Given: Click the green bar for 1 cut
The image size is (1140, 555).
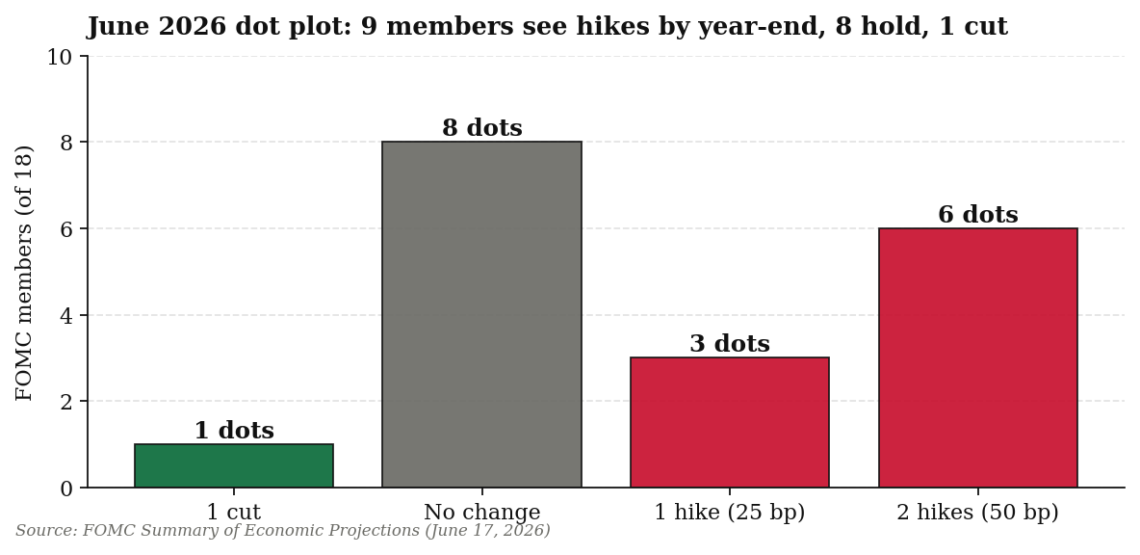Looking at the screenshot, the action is [233, 465].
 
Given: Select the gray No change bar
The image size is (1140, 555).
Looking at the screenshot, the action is [481, 314].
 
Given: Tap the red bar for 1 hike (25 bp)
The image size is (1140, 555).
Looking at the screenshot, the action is [729, 422].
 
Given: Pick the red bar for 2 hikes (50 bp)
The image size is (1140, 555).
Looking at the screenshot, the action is [978, 357].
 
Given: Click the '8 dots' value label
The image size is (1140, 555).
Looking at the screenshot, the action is [482, 128].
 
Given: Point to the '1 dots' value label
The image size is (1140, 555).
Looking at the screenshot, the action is [234, 431].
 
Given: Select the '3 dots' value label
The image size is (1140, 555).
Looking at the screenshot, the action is [730, 344].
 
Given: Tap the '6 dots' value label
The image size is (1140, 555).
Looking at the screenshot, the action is [978, 215].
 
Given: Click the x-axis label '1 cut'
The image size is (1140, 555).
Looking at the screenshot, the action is [233, 512].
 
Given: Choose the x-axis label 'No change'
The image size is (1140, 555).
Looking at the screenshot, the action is [482, 512].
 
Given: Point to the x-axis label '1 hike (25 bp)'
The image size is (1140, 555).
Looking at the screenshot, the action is [730, 512].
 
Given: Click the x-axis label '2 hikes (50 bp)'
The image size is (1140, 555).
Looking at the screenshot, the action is [978, 512].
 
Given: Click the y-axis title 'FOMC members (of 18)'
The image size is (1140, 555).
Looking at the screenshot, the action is [25, 273].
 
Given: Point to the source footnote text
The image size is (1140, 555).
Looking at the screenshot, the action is [283, 530].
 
